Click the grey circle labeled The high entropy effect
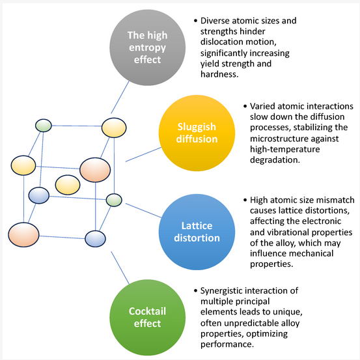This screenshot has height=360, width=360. pos(147,48)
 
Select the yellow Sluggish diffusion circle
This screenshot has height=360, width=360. pos(197,133)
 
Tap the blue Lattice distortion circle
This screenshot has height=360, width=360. pos(197,232)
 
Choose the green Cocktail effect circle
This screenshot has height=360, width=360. pos(147,318)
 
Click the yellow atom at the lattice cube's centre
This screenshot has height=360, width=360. pos(68,185)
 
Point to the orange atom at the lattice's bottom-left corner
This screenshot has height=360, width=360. pos(23,234)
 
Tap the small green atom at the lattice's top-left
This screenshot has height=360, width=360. pos(44,126)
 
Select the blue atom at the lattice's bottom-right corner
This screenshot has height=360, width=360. pos(95,239)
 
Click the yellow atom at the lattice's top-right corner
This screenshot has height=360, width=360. pos(114,128)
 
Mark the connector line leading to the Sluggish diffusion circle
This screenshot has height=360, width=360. pos(143,154)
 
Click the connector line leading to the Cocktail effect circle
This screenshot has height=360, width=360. pos(120,268)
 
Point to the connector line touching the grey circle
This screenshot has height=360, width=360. pos(120,97)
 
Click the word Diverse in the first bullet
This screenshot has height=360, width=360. pos(215,21)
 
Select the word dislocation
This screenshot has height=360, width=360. pos(222,42)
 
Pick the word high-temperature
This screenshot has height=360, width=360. pos(285,150)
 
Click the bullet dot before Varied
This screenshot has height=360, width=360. pos(245,106)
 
